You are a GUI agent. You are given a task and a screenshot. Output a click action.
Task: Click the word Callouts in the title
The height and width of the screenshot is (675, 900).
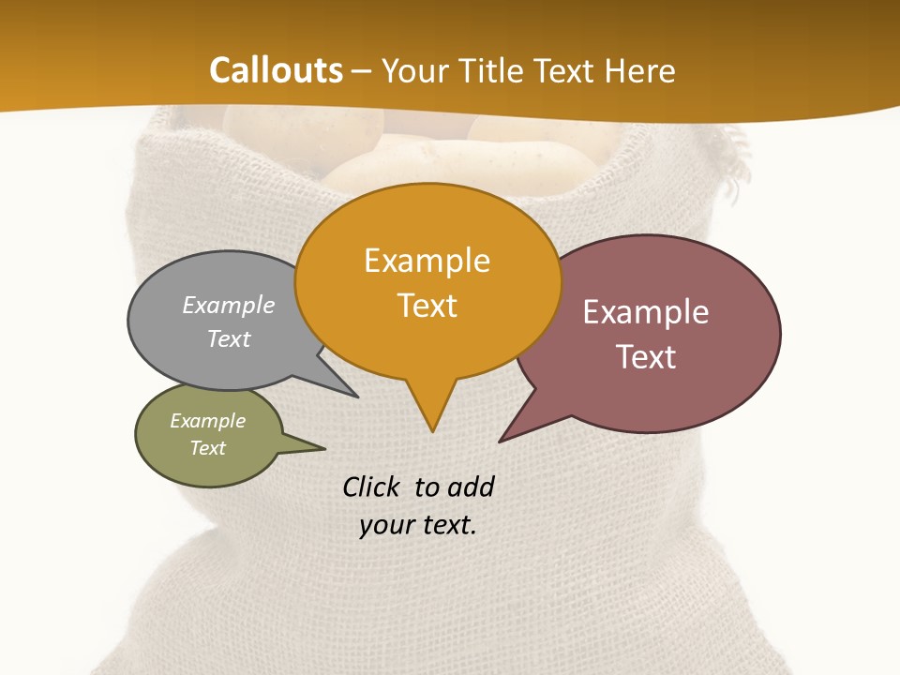click(276, 70)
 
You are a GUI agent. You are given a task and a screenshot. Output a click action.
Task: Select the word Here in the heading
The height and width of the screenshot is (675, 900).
click(640, 70)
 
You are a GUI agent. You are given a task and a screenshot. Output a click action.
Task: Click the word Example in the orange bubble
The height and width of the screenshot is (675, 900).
click(427, 261)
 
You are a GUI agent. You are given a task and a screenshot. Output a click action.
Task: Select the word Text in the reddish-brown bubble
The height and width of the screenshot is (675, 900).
click(647, 357)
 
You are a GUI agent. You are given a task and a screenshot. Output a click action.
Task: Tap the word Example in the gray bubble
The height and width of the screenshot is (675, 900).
click(229, 305)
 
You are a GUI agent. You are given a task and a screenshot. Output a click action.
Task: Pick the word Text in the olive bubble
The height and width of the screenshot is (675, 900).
click(208, 448)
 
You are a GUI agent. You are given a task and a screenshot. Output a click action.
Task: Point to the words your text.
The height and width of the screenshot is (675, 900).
click(418, 525)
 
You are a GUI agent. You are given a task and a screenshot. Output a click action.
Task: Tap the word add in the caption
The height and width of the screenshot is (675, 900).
click(471, 487)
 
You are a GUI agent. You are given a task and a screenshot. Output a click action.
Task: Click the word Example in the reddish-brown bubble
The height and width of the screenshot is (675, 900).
click(646, 312)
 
